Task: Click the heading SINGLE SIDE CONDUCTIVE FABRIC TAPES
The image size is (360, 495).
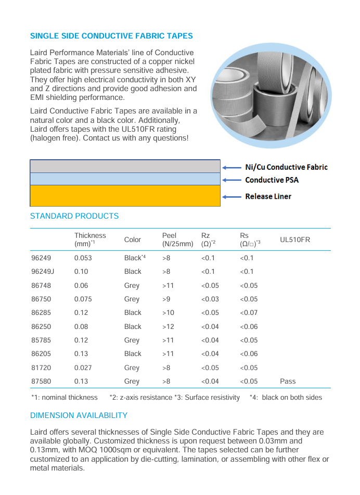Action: (x=111, y=36)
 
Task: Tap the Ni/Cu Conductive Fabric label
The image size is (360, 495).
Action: (x=286, y=167)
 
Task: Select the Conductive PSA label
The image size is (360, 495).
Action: (x=272, y=180)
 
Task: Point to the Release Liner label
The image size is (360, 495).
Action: (x=268, y=196)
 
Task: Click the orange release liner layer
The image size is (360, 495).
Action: (x=125, y=196)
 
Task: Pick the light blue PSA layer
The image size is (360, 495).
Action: (x=125, y=179)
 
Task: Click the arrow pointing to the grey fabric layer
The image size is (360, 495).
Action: (x=232, y=168)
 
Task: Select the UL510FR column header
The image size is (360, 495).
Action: (x=295, y=239)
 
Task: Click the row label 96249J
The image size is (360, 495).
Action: (x=43, y=271)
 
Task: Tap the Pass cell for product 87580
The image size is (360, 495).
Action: (x=288, y=381)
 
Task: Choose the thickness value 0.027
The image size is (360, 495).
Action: (x=83, y=367)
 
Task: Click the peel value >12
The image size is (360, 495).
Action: (x=168, y=326)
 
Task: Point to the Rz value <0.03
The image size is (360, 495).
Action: (x=210, y=299)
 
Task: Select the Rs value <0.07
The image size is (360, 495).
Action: (x=249, y=312)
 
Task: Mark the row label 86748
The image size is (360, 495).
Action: (x=41, y=285)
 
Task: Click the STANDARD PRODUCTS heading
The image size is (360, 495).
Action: (x=74, y=216)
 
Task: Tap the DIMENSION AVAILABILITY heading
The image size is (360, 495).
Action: (x=79, y=415)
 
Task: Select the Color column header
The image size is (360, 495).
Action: (x=132, y=239)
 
